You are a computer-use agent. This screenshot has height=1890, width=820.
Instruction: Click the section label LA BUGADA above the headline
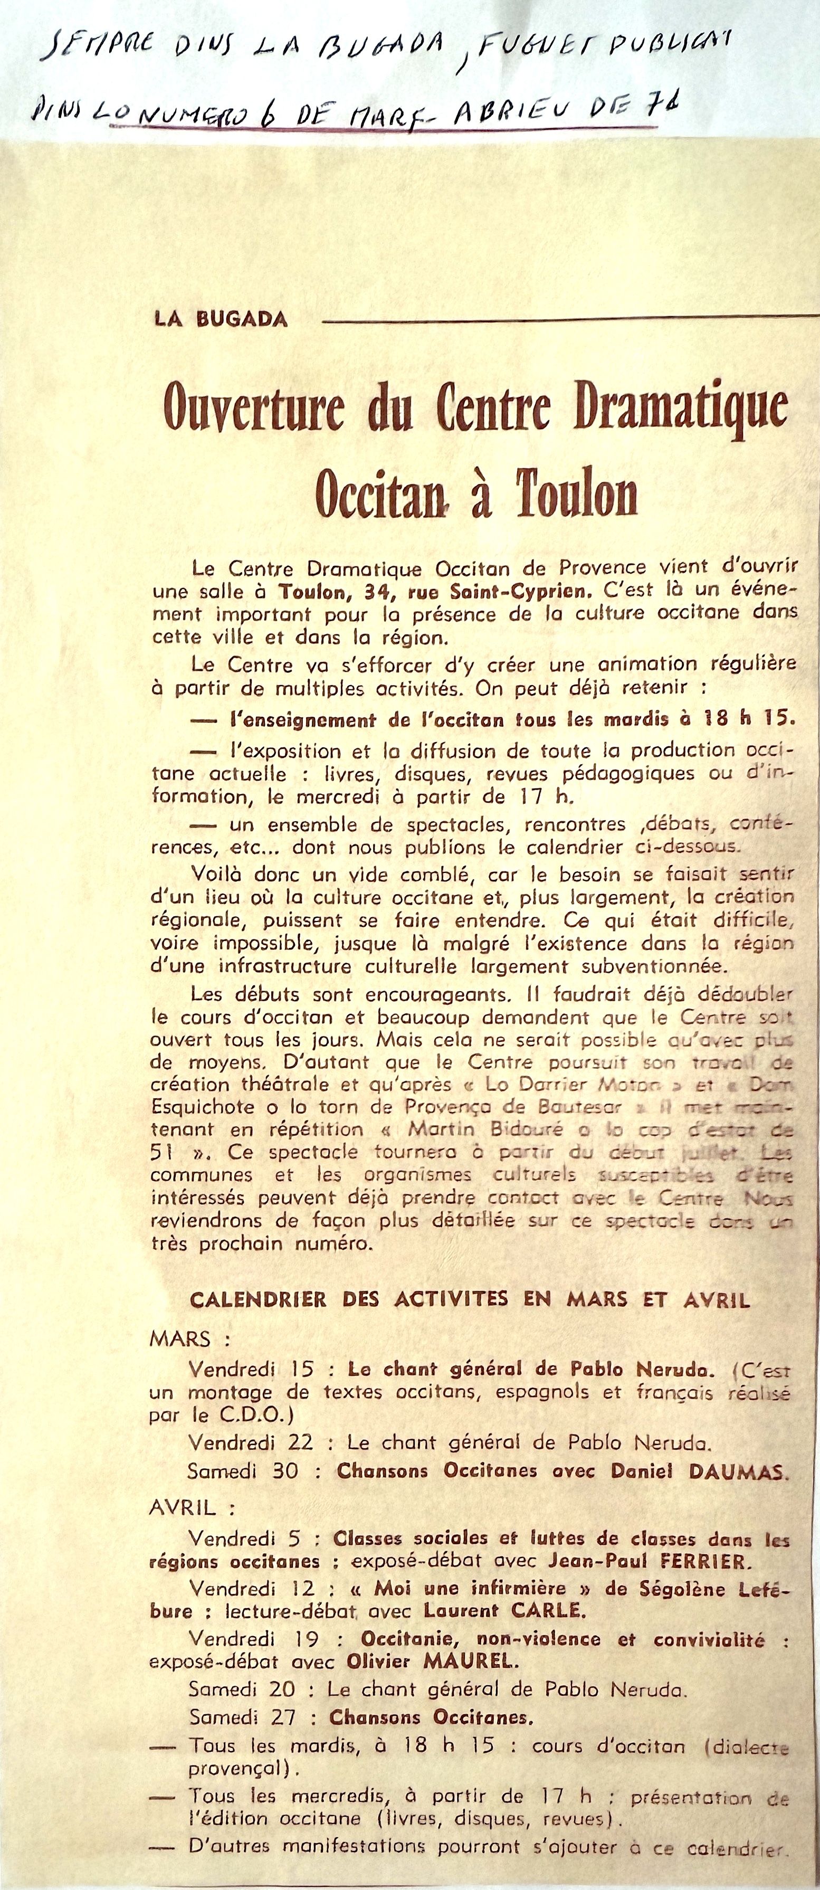(x=221, y=319)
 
